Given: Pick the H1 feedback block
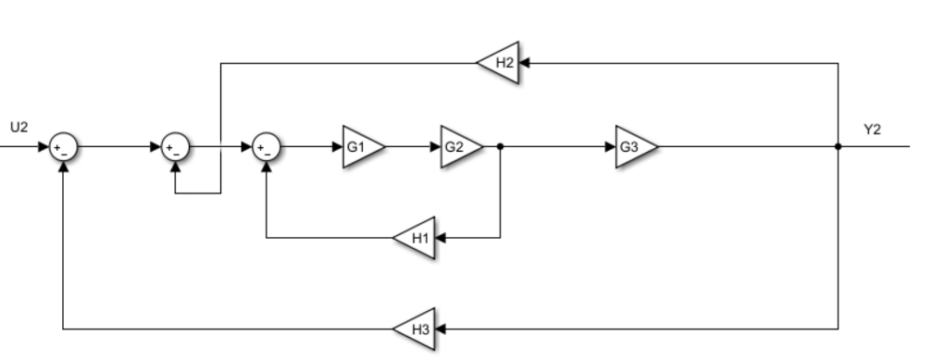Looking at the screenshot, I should [x=416, y=237].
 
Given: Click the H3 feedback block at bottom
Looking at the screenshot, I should [x=416, y=329].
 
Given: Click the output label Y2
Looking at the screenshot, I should [x=872, y=129].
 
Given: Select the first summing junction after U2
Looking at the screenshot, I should [x=63, y=146].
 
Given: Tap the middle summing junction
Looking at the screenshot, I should [x=175, y=146].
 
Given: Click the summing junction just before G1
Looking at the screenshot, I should [x=267, y=146].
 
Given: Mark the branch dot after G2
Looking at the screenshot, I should [x=500, y=146].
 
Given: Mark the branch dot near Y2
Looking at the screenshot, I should [x=838, y=146].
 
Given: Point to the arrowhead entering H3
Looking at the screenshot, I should [x=441, y=329].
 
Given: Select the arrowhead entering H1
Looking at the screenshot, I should [x=441, y=237].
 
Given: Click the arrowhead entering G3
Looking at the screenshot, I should [x=612, y=146].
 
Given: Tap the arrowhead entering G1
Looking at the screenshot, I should [x=339, y=146].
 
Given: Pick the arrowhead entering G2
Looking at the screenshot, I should [x=437, y=146].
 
